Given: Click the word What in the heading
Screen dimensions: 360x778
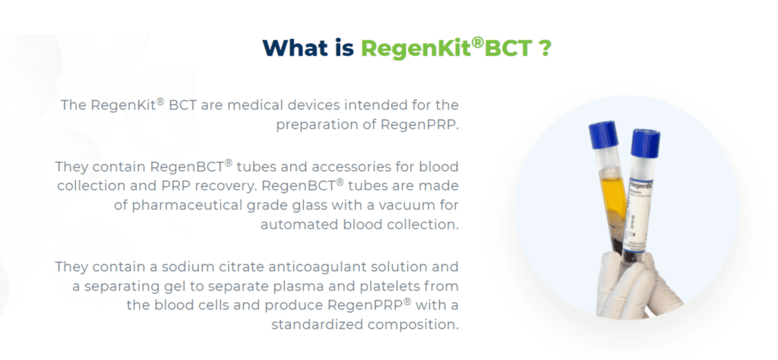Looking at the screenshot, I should click(x=302, y=48).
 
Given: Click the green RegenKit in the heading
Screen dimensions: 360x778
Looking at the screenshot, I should click(x=415, y=48).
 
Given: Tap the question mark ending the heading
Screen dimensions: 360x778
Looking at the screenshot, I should click(x=544, y=48).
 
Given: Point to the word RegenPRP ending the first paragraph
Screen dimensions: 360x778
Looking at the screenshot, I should click(x=422, y=125).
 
